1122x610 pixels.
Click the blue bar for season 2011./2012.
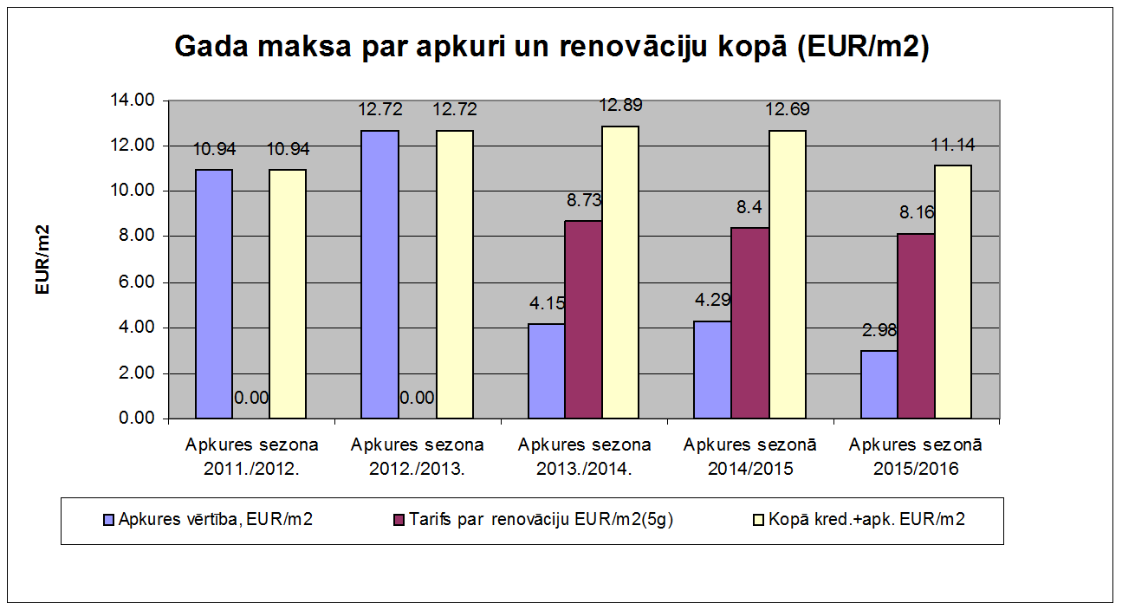[x=214, y=295]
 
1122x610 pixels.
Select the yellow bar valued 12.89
[x=620, y=273]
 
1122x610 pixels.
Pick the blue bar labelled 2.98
[x=879, y=385]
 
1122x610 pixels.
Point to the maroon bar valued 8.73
[x=583, y=320]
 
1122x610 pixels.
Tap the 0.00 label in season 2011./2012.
[x=251, y=399]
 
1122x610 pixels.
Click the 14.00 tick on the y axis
[x=133, y=101]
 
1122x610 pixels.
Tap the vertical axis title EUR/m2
[x=42, y=260]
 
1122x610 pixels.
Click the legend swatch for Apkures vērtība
[x=108, y=520]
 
